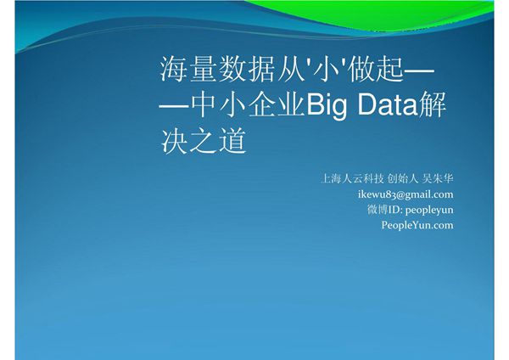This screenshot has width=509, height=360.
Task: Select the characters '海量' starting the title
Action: pyautogui.click(x=188, y=70)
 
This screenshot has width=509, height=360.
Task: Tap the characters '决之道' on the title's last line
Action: pyautogui.click(x=203, y=140)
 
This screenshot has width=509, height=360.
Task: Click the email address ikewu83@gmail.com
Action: pyautogui.click(x=406, y=194)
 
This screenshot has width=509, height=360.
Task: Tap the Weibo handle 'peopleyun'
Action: pyautogui.click(x=429, y=209)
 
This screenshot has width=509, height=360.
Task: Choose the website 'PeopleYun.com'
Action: pyautogui.click(x=417, y=224)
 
